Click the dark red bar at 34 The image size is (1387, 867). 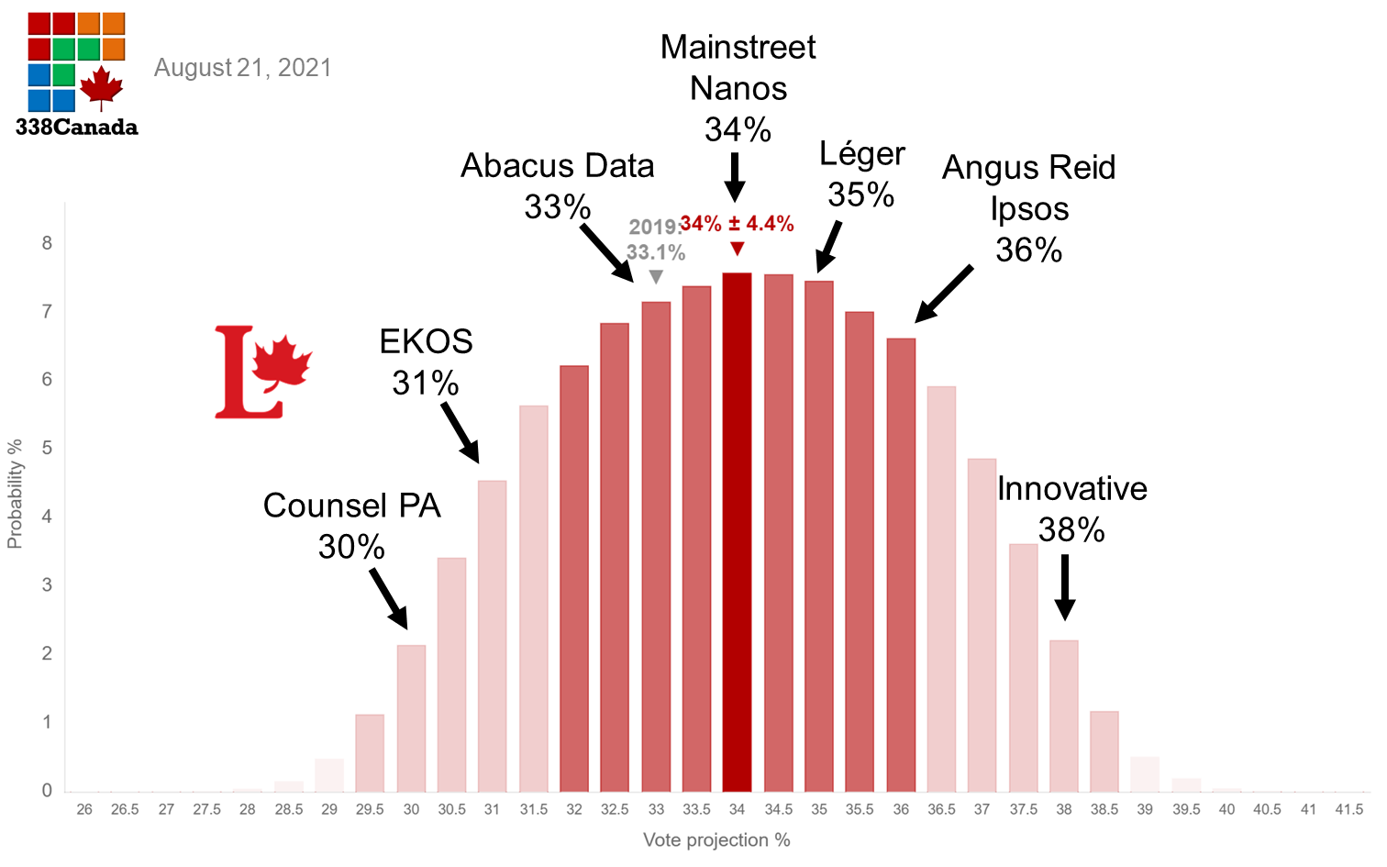coord(737,532)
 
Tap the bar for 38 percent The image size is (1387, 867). coord(1063,716)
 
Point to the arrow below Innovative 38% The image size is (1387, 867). coord(1064,588)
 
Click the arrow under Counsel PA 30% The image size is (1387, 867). coord(389,598)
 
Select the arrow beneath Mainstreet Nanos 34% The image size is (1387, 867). coord(735,177)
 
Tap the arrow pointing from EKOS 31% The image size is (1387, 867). coord(460,432)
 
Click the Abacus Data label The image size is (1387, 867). coord(557,166)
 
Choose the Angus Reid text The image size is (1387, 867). coord(1028,168)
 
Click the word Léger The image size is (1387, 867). coord(861,154)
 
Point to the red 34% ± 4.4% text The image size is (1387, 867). coord(737,224)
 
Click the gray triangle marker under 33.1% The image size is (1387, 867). coord(656,277)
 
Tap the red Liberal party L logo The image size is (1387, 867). coord(262,372)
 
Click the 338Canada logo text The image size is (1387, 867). coord(77,128)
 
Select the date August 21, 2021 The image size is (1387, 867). coord(242,68)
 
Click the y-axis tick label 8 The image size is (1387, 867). coord(47,243)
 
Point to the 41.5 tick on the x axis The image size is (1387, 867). coord(1348,809)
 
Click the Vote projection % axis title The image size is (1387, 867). coord(716,839)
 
